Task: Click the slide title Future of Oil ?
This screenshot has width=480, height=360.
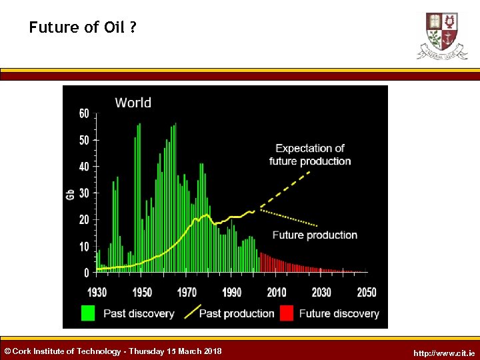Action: pos(83,27)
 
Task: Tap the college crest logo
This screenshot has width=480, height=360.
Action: pos(442,35)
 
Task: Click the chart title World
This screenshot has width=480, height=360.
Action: pos(133,103)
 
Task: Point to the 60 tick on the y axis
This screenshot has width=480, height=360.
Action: pos(84,114)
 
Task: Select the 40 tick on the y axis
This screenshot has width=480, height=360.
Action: pos(84,167)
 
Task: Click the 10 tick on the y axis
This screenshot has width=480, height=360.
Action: pos(84,247)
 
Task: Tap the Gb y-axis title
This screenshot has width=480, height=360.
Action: pos(70,194)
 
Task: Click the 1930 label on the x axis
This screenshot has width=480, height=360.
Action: pos(97,292)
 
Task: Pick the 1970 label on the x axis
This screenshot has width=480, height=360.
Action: pos(187,292)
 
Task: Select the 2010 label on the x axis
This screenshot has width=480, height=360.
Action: pos(276,292)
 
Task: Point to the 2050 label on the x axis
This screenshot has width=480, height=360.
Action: pos(366,292)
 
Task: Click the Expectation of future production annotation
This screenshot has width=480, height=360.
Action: pos(310,155)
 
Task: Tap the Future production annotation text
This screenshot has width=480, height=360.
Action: pos(315,235)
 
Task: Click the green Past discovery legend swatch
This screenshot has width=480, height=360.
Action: pos(88,313)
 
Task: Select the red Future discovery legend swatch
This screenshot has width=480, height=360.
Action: pos(287,313)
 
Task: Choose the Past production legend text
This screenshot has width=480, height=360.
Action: pos(237,313)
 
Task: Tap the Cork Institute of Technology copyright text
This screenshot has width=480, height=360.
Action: pos(113,351)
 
